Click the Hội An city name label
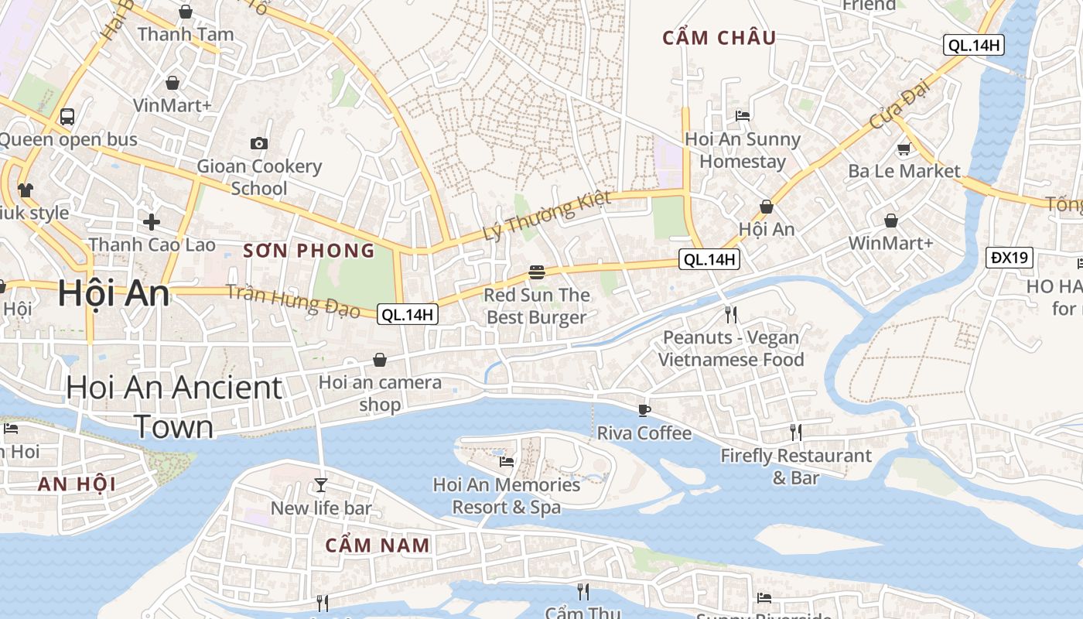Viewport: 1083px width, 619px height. (x=114, y=294)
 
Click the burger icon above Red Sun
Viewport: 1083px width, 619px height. (x=537, y=272)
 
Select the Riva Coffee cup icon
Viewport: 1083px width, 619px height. (x=644, y=410)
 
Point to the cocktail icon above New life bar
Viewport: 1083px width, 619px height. (x=321, y=485)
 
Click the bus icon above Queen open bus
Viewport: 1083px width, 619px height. (x=67, y=117)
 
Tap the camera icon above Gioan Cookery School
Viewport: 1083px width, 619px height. (x=259, y=143)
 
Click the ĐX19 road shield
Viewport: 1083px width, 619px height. (x=1010, y=257)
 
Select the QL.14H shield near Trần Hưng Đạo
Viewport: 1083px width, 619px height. (x=408, y=314)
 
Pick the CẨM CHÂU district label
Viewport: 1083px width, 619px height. (x=719, y=38)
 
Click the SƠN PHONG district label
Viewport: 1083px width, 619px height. (x=309, y=251)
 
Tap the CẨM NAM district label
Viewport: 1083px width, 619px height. (x=378, y=545)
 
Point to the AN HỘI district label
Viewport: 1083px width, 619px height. (x=77, y=484)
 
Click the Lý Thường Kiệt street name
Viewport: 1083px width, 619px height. (x=546, y=215)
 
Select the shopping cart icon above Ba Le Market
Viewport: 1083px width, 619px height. (x=903, y=149)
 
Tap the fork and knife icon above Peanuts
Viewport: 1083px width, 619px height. (x=730, y=314)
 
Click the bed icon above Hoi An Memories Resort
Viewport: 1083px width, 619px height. (x=507, y=462)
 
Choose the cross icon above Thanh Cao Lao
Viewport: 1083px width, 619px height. (x=152, y=222)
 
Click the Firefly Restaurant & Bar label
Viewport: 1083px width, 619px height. (x=796, y=467)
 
